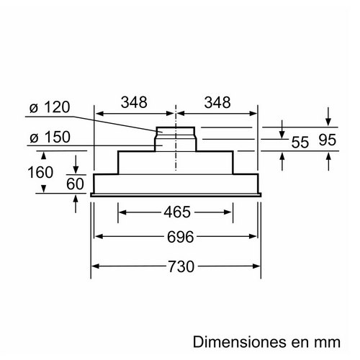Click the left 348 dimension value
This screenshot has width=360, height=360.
134,102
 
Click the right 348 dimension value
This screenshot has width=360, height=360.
217,102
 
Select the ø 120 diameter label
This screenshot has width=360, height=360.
50,107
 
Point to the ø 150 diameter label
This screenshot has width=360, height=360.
50,137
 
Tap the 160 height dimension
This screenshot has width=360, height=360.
40,172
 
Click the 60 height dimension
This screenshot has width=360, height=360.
75,184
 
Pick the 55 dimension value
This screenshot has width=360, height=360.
300,143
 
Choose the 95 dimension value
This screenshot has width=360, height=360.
328,140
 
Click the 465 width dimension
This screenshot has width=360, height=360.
177,212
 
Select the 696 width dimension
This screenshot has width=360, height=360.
181,237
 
